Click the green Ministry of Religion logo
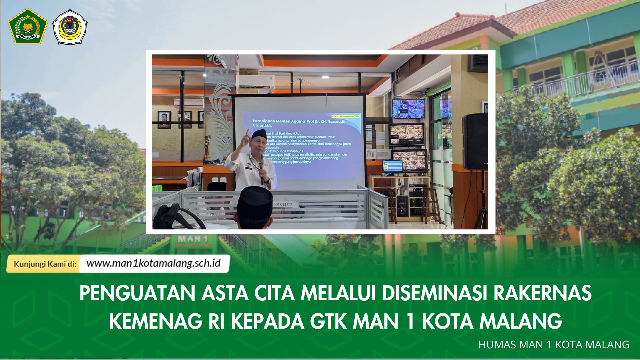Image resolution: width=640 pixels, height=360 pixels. pyautogui.click(x=28, y=26)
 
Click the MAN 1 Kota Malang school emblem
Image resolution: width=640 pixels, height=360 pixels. pyautogui.click(x=70, y=27)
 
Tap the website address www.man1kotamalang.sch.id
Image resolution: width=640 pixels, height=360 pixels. pyautogui.click(x=154, y=263)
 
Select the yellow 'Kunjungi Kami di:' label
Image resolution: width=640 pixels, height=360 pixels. pyautogui.click(x=45, y=264)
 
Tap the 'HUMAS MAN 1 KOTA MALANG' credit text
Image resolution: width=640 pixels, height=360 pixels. pyautogui.click(x=554, y=345)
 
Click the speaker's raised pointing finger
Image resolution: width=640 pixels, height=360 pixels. pyautogui.click(x=247, y=132)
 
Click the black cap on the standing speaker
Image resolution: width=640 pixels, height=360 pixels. pyautogui.click(x=259, y=134)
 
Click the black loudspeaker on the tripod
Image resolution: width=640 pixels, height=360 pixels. pyautogui.click(x=475, y=142)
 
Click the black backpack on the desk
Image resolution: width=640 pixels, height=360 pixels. pyautogui.click(x=173, y=217)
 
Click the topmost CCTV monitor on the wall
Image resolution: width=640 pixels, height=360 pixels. pyautogui.click(x=408, y=109)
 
